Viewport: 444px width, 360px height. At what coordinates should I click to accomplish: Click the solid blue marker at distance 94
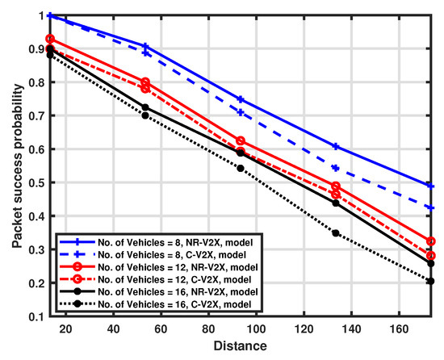click(x=241, y=99)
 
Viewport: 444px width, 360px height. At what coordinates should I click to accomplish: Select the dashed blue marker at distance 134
click(x=336, y=168)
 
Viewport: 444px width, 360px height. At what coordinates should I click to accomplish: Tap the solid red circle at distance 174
click(x=431, y=241)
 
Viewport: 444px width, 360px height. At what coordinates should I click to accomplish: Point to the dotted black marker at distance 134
click(x=336, y=233)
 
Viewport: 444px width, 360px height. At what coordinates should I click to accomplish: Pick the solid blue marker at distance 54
click(x=145, y=47)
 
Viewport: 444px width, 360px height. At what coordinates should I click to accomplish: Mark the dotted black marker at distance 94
click(x=241, y=168)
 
